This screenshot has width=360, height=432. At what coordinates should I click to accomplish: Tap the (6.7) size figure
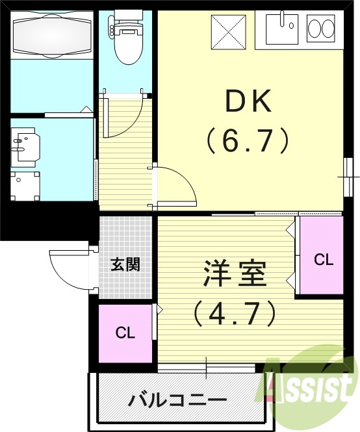(x=247, y=139)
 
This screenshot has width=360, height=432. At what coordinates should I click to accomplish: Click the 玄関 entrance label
(x=124, y=264)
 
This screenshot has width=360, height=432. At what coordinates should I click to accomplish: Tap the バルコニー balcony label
(x=177, y=398)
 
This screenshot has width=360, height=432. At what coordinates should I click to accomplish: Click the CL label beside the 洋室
(x=323, y=260)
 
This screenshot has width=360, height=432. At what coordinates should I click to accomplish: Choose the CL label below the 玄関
(x=125, y=333)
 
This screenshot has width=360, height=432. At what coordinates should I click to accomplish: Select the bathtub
(x=51, y=36)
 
